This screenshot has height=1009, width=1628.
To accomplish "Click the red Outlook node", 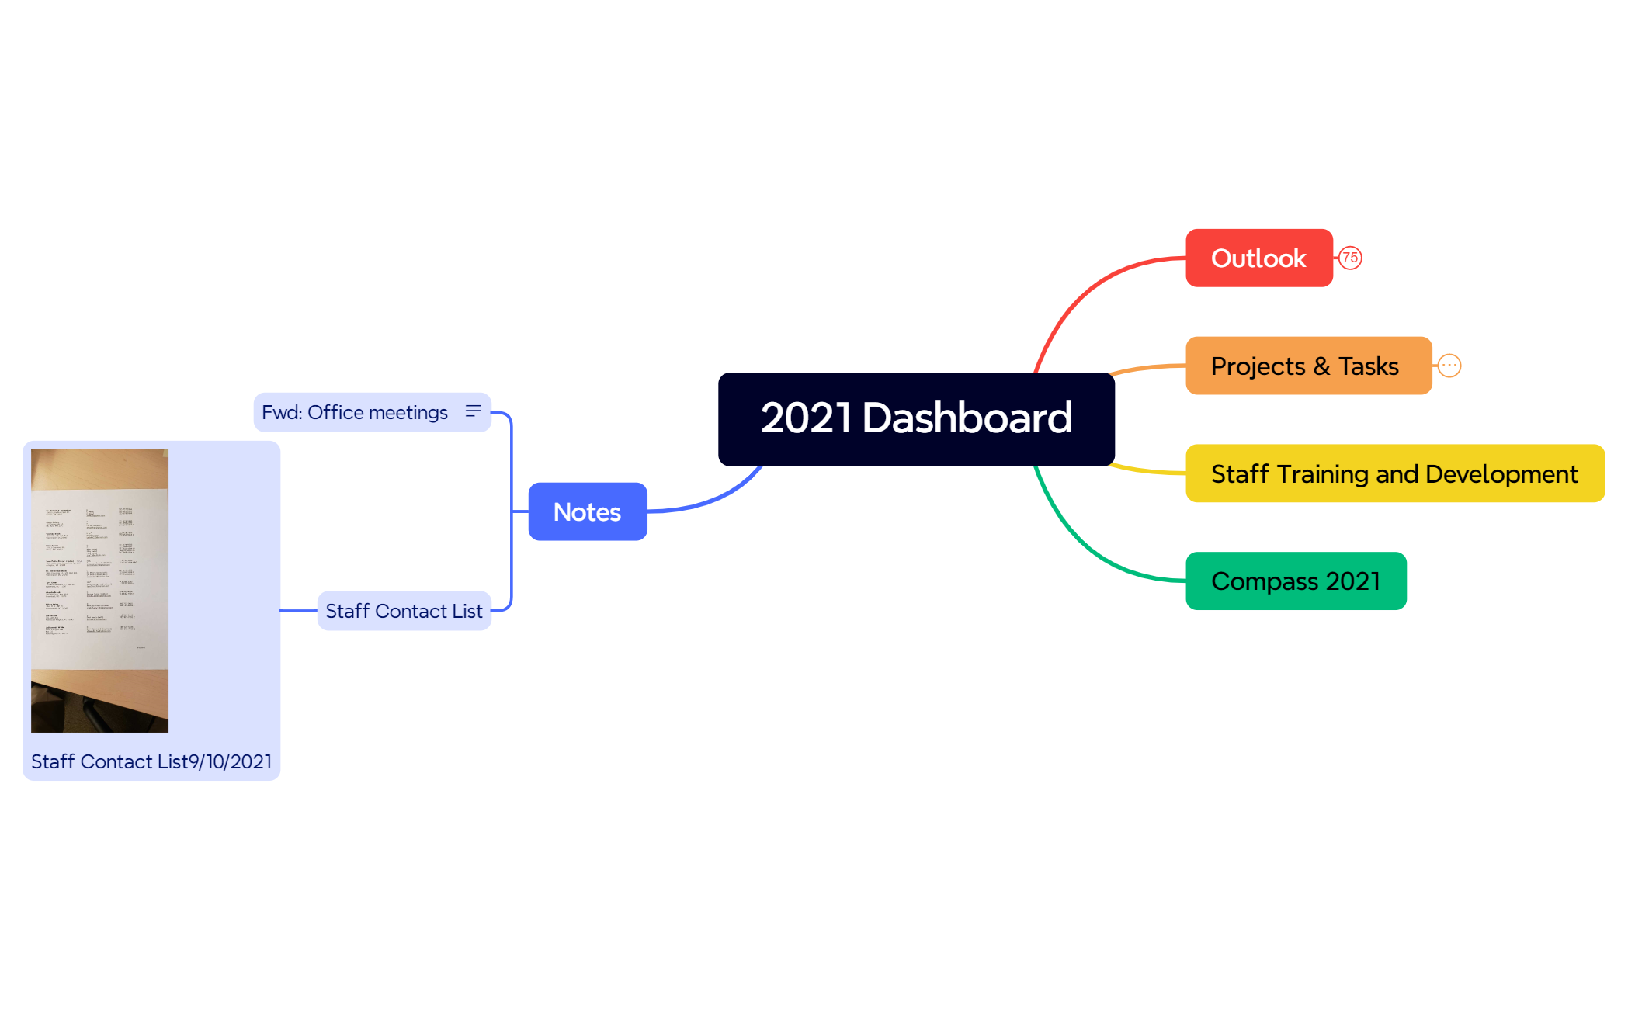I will point(1258,258).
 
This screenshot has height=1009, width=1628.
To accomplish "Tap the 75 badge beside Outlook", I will point(1350,258).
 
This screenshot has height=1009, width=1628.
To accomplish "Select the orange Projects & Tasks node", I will point(1308,366).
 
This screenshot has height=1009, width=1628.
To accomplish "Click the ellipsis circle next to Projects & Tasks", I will point(1449,366).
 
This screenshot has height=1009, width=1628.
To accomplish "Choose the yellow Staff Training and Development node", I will point(1394,473).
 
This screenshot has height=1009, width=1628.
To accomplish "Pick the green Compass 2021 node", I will point(1295,581).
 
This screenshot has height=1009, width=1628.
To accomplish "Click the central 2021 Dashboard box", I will point(916,419).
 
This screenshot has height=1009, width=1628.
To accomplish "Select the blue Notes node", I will point(587,511).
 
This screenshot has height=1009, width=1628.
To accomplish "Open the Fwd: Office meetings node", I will point(355,412).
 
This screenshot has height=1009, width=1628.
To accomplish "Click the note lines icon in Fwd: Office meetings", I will point(473,411).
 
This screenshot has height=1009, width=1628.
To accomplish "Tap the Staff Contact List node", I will point(404,611).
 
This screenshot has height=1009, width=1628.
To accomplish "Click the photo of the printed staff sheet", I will point(99,590).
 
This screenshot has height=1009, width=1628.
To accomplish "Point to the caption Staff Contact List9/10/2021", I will point(151,761).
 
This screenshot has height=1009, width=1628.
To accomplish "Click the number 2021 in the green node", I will point(1352,581).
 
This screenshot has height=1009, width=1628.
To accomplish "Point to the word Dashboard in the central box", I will point(967,419).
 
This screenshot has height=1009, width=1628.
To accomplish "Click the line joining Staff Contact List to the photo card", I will point(299,611).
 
